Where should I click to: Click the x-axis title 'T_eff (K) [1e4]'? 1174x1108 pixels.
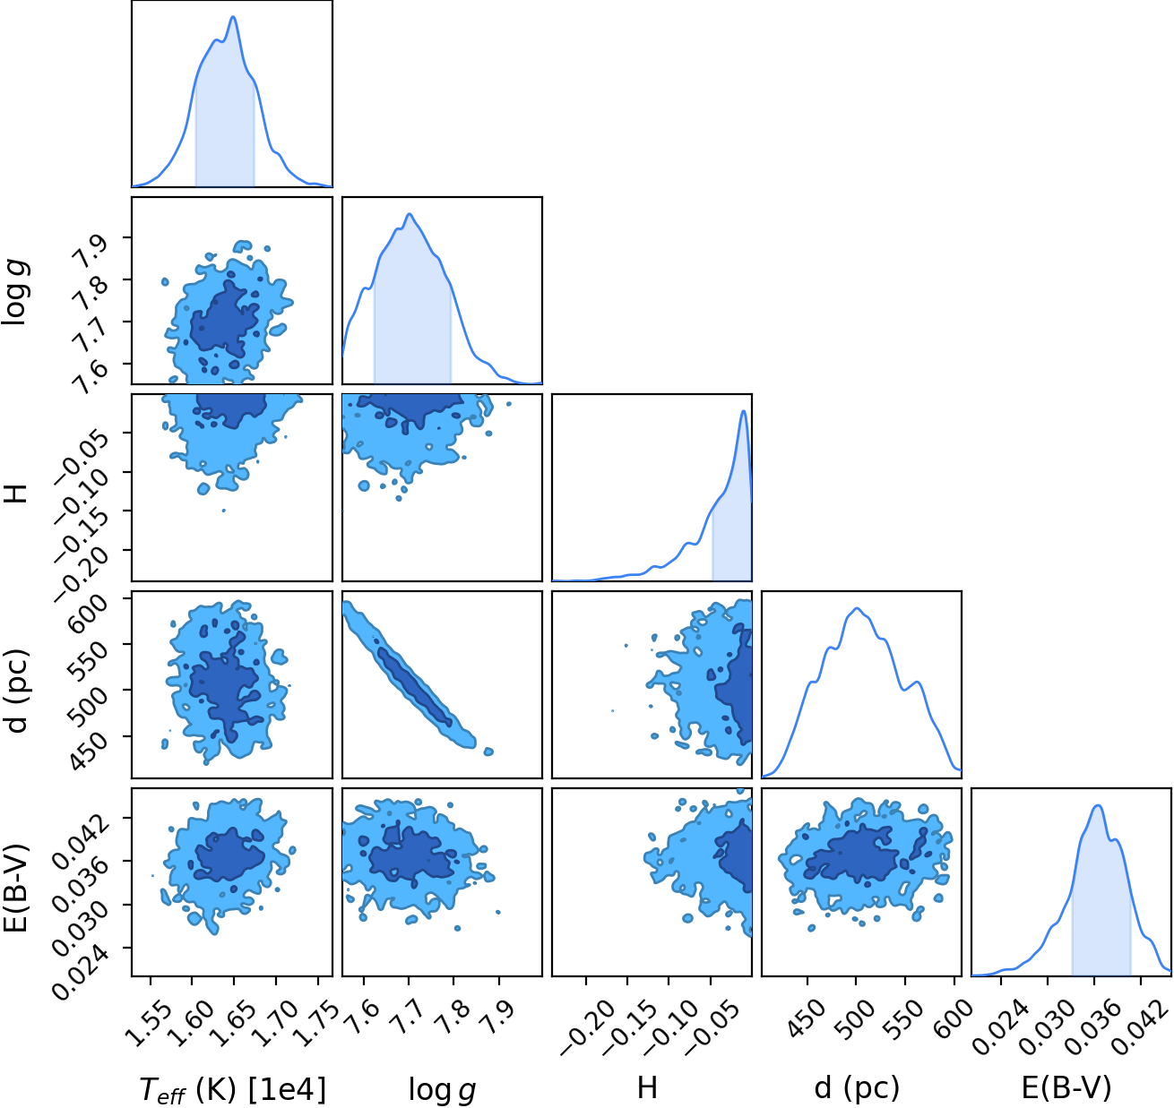pyautogui.click(x=232, y=1089)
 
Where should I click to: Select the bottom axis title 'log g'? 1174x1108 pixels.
pyautogui.click(x=442, y=1089)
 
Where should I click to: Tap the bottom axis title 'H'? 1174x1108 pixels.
pyautogui.click(x=647, y=1087)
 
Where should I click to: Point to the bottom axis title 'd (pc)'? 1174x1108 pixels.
pyautogui.click(x=857, y=1088)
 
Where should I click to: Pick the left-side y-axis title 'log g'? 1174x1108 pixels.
pyautogui.click(x=15, y=292)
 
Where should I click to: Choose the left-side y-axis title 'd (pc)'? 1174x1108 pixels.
pyautogui.click(x=16, y=691)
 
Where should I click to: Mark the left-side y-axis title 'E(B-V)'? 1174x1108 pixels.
pyautogui.click(x=16, y=888)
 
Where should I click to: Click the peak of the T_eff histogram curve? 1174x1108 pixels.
pyautogui.click(x=233, y=16)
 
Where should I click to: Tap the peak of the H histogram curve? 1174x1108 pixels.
pyautogui.click(x=744, y=411)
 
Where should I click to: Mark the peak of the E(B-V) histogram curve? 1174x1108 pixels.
pyautogui.click(x=1098, y=805)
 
